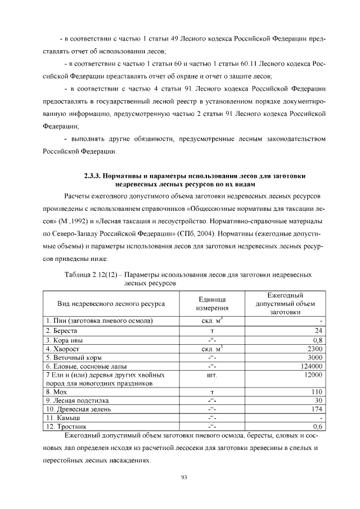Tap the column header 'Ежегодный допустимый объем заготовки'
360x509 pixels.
tap(286, 304)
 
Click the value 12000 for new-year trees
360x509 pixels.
tap(311, 375)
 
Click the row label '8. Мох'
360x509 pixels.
tap(58, 391)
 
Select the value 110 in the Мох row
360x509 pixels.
tap(316, 391)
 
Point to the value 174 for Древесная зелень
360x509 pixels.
tap(316, 409)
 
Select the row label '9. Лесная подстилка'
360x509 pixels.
tap(78, 400)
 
